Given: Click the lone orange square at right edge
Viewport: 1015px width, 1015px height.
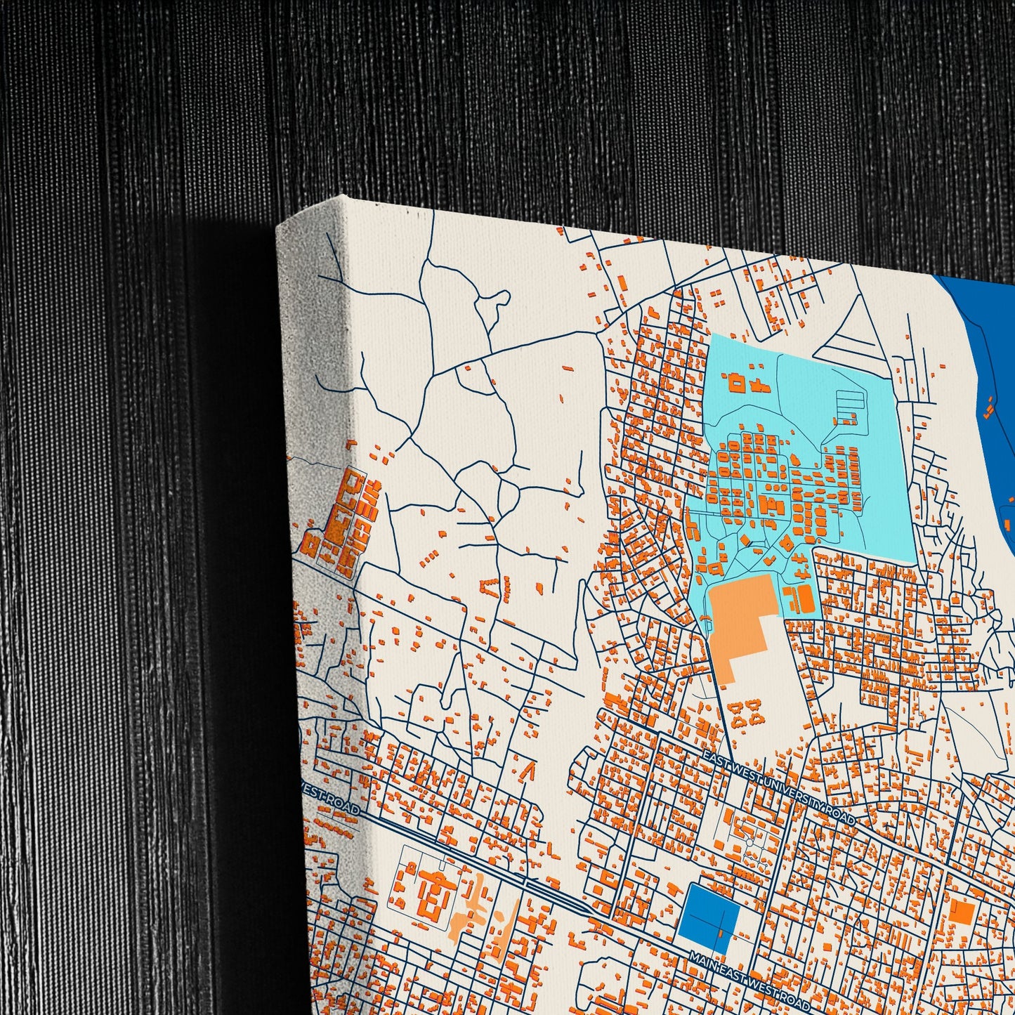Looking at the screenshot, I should [x=961, y=913].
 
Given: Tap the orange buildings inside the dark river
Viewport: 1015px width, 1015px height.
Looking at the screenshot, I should [x=989, y=407].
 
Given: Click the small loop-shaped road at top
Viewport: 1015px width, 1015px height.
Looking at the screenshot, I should [x=495, y=301].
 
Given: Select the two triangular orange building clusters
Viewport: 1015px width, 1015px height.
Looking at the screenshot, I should [x=746, y=713].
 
